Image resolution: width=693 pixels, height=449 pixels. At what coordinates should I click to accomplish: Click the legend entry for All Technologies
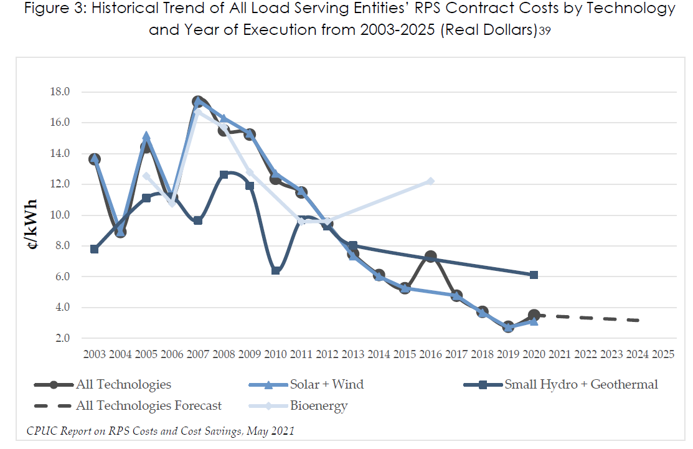click(x=123, y=384)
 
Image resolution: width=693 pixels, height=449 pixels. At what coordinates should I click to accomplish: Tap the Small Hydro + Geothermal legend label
click(x=581, y=384)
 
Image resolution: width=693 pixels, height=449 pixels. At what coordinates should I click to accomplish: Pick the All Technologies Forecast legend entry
click(x=148, y=406)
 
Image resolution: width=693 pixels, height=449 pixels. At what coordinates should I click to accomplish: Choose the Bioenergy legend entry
click(x=318, y=406)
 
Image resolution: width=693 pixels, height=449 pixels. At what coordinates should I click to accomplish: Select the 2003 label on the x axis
click(x=95, y=354)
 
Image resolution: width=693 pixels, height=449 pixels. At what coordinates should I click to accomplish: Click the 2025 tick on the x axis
click(x=663, y=354)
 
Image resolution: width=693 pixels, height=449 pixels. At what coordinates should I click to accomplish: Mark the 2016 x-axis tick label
click(x=431, y=354)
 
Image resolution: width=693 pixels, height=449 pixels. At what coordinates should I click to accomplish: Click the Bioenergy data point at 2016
click(x=431, y=181)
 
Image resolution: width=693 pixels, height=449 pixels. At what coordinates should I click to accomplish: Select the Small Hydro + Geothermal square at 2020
click(x=534, y=275)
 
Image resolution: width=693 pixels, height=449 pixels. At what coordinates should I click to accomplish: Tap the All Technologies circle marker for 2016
click(x=431, y=257)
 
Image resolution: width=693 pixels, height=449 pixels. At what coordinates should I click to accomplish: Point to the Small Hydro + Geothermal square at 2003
click(x=95, y=249)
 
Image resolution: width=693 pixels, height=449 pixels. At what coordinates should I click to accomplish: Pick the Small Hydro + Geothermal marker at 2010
click(x=275, y=270)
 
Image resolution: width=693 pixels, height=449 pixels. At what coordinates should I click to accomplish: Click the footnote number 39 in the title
click(x=545, y=31)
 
